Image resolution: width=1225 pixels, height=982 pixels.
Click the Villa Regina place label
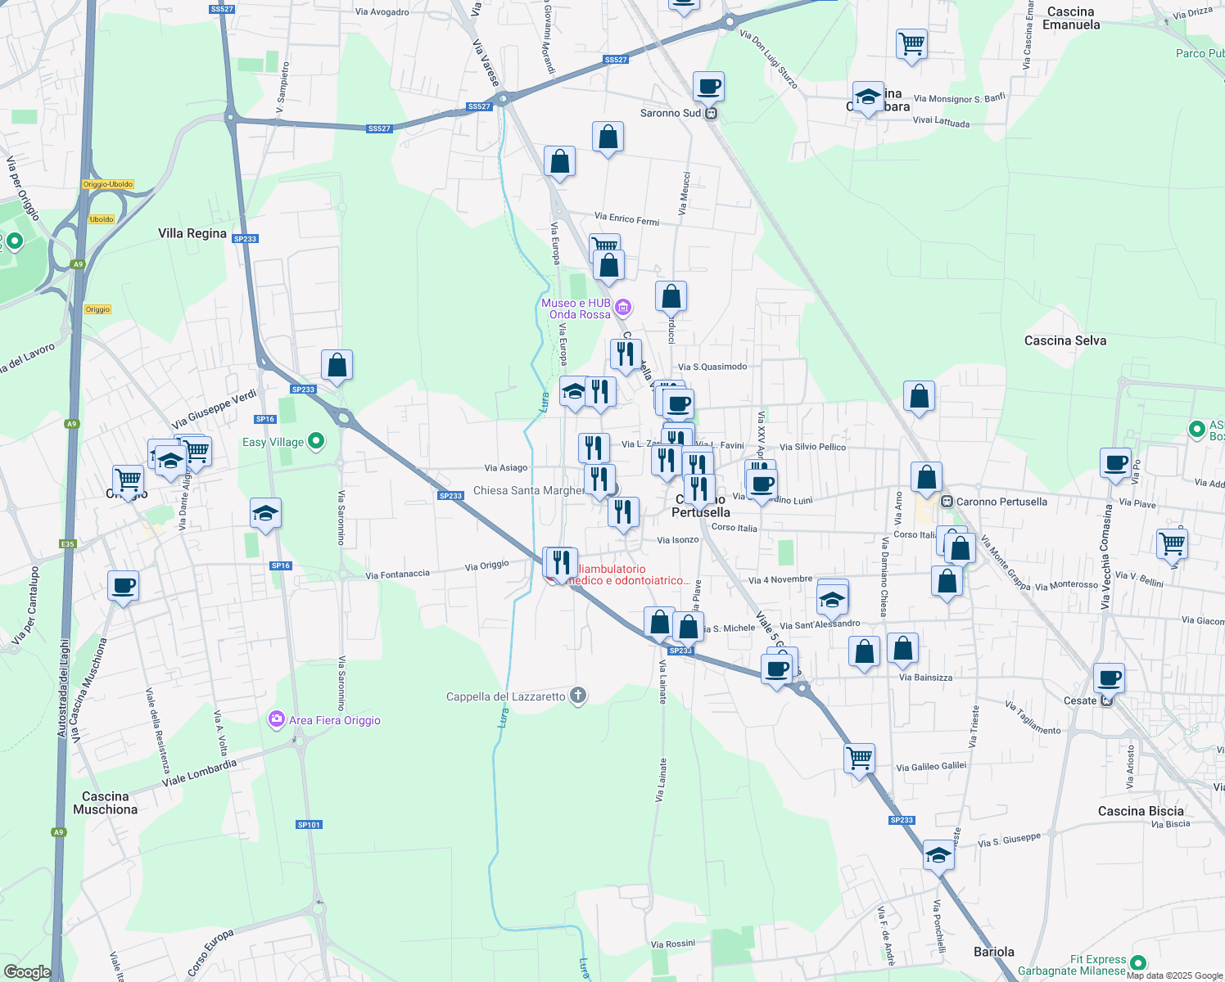[192, 233]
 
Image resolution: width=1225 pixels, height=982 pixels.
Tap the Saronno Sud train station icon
[711, 114]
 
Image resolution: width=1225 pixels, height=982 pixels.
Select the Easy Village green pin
[316, 442]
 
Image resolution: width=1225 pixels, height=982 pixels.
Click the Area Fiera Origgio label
[334, 720]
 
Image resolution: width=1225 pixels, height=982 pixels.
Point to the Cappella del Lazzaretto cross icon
[578, 696]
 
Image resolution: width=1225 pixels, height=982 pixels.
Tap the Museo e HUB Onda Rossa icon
[622, 308]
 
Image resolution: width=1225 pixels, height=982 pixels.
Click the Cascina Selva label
[1065, 340]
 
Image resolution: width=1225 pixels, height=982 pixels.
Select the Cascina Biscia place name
[1141, 811]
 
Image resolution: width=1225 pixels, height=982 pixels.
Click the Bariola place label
[993, 952]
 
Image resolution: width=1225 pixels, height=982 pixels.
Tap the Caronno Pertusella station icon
[947, 502]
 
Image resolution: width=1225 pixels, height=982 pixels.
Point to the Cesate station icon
[1107, 700]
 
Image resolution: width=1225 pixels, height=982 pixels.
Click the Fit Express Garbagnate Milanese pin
[1137, 963]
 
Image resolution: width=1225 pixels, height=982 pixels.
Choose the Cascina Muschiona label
[105, 803]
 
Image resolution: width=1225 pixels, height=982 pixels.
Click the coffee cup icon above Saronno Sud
[708, 86]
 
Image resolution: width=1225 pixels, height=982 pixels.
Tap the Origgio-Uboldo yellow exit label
[108, 184]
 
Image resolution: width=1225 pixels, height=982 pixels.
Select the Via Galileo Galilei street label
[931, 767]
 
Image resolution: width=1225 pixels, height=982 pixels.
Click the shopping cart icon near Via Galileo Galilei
[860, 758]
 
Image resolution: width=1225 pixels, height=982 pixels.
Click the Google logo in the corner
[27, 971]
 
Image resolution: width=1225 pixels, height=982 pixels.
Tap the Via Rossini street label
[673, 944]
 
